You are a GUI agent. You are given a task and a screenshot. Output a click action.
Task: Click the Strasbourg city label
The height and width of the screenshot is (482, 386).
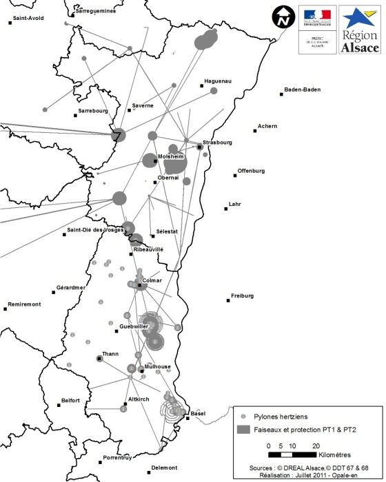tap(217, 143)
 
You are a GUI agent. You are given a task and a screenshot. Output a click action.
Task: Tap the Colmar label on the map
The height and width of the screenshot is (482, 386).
tap(152, 280)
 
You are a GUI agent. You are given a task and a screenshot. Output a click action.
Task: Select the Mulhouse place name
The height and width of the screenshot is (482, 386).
tap(159, 367)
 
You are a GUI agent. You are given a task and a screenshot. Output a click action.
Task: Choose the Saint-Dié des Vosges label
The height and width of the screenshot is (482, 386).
tap(95, 230)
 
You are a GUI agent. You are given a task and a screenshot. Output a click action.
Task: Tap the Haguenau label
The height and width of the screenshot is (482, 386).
tap(219, 81)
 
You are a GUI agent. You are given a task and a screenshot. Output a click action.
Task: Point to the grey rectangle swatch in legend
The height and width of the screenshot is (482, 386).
tap(243, 429)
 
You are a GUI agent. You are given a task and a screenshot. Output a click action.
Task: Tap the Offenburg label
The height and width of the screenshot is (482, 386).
tap(251, 170)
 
